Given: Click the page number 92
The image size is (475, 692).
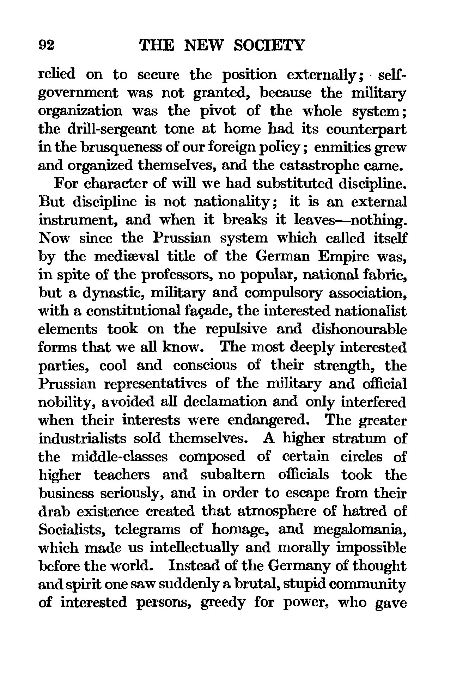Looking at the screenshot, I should tap(46, 46).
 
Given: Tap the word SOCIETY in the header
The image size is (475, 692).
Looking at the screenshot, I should tap(269, 46).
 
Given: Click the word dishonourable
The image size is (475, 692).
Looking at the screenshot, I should tap(359, 329).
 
